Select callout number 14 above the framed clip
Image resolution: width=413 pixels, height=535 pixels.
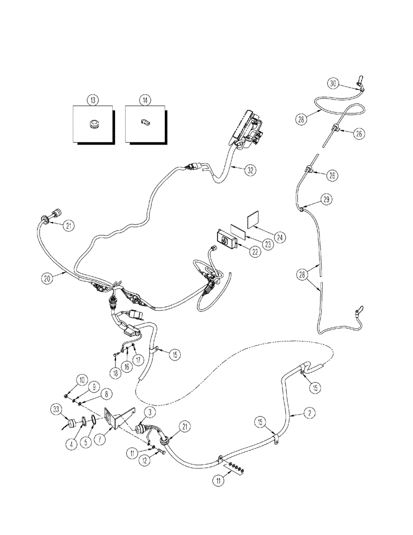(144, 100)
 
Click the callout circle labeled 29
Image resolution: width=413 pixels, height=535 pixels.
(327, 199)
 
